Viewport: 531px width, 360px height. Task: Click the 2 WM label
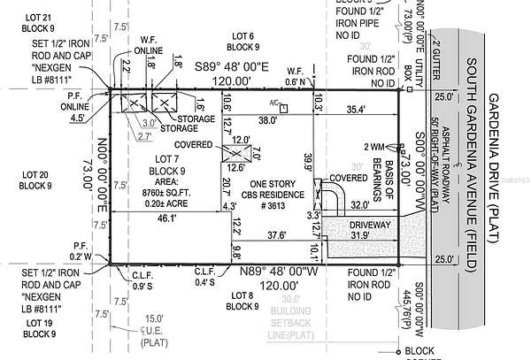374,147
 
